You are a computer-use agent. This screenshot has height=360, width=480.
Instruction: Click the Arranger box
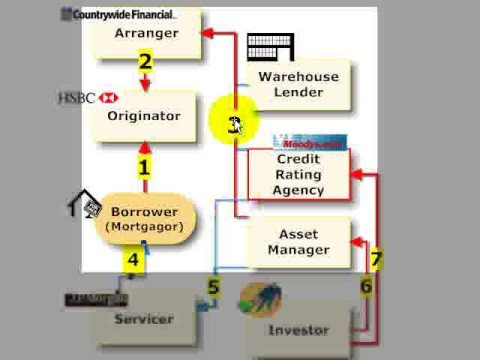tap(145, 33)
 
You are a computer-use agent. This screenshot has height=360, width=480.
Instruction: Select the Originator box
tap(145, 116)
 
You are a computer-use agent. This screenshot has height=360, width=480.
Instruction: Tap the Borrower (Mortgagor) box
tap(144, 219)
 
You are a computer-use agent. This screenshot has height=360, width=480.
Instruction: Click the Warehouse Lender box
tap(299, 85)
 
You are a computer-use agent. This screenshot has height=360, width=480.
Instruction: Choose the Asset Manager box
tap(299, 241)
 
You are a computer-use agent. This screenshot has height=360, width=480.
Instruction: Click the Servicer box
tap(143, 320)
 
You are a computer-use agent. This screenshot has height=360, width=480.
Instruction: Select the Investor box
tap(299, 329)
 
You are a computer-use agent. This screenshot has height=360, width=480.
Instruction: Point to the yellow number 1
tap(144, 168)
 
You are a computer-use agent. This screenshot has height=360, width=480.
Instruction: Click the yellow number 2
tap(145, 62)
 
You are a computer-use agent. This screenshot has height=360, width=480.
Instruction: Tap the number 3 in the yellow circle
tap(234, 124)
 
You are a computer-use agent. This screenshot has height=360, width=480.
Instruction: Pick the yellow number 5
tap(213, 288)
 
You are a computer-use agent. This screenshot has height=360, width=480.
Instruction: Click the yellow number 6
tap(365, 286)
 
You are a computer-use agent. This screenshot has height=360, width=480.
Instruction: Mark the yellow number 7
tap(376, 260)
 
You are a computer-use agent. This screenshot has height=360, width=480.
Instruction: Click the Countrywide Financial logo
tap(117, 15)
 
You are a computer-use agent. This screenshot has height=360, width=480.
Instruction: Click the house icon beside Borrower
tap(84, 205)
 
